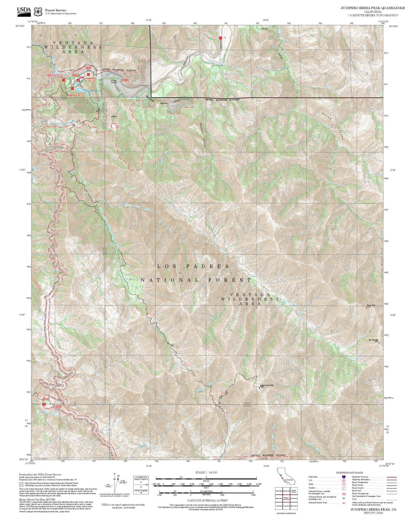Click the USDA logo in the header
24,10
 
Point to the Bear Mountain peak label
374,340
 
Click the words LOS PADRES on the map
193,266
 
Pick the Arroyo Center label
114,81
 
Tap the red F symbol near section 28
220,38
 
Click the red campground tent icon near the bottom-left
44,404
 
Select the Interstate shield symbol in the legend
343,477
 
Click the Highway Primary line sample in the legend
391,477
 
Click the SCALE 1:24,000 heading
206,472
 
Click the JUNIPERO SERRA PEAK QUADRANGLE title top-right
372,8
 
